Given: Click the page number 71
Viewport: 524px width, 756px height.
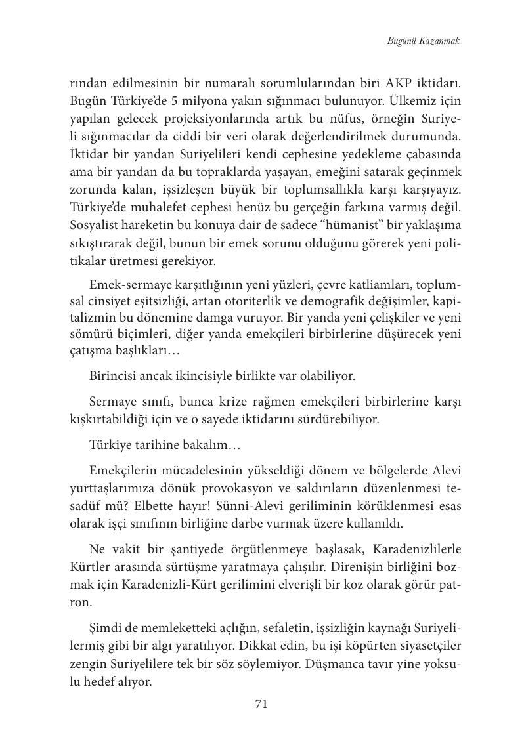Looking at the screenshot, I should tap(261, 704).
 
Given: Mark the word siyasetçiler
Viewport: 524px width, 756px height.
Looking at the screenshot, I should tap(424, 646).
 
